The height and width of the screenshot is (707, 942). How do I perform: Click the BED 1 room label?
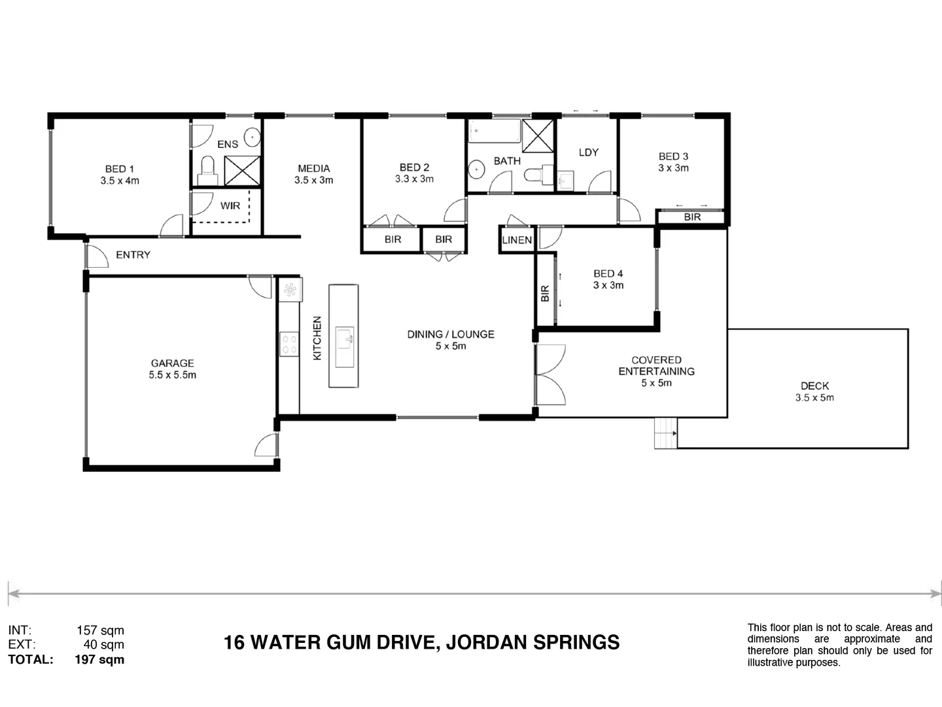click(x=119, y=169)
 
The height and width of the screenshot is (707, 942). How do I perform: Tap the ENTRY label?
click(x=133, y=255)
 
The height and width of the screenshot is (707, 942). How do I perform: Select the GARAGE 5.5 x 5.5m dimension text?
click(x=172, y=375)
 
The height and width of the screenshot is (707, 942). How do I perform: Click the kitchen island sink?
click(x=344, y=338)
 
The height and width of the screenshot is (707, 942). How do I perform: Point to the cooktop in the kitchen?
click(x=289, y=344)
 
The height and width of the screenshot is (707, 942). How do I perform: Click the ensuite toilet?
click(x=207, y=167)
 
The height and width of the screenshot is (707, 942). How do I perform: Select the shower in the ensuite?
click(x=242, y=171)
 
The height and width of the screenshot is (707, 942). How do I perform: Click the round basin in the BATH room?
click(x=477, y=170)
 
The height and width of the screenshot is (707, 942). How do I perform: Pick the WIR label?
click(x=230, y=206)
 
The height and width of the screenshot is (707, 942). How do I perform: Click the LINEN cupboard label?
click(x=517, y=240)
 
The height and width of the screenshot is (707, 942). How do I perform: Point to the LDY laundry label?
click(x=588, y=152)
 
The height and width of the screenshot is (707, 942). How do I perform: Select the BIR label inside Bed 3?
click(x=692, y=217)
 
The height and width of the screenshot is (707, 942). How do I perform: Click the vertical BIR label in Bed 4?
click(x=545, y=293)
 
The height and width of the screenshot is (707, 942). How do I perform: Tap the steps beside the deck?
click(x=665, y=433)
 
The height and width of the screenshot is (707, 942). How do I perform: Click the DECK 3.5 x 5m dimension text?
click(x=814, y=397)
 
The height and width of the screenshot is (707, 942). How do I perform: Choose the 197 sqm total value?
click(x=99, y=659)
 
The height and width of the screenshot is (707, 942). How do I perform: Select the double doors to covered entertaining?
click(x=549, y=375)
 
